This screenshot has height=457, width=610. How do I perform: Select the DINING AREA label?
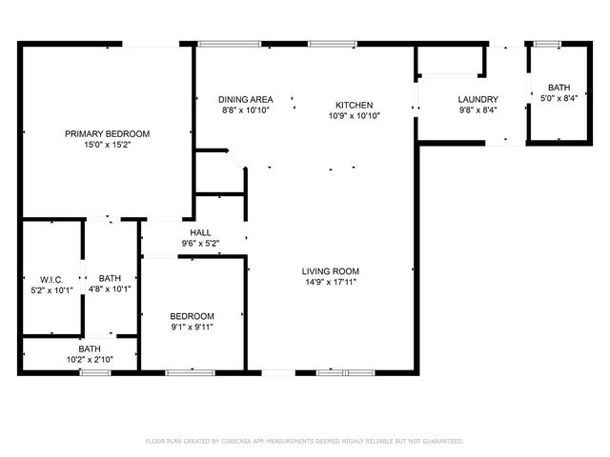click(x=246, y=99)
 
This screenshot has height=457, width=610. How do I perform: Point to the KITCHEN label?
click(x=354, y=105)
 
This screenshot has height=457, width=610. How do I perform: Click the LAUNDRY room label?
click(x=478, y=99)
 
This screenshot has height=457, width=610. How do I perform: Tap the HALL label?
click(x=200, y=232)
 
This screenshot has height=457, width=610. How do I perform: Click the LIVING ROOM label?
click(x=331, y=271)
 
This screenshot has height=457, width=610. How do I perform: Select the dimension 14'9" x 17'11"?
click(x=331, y=283)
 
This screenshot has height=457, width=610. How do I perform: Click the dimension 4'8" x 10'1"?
click(x=110, y=288)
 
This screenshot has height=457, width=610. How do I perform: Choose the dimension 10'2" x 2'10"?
click(x=90, y=360)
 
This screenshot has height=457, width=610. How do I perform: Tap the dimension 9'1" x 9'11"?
click(x=192, y=328)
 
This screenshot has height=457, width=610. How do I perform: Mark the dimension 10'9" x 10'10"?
click(x=354, y=116)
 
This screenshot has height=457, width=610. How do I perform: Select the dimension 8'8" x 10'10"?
click(x=246, y=109)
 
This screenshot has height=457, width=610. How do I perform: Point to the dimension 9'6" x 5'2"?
click(x=200, y=244)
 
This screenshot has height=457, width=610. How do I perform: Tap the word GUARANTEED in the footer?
click(x=440, y=442)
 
